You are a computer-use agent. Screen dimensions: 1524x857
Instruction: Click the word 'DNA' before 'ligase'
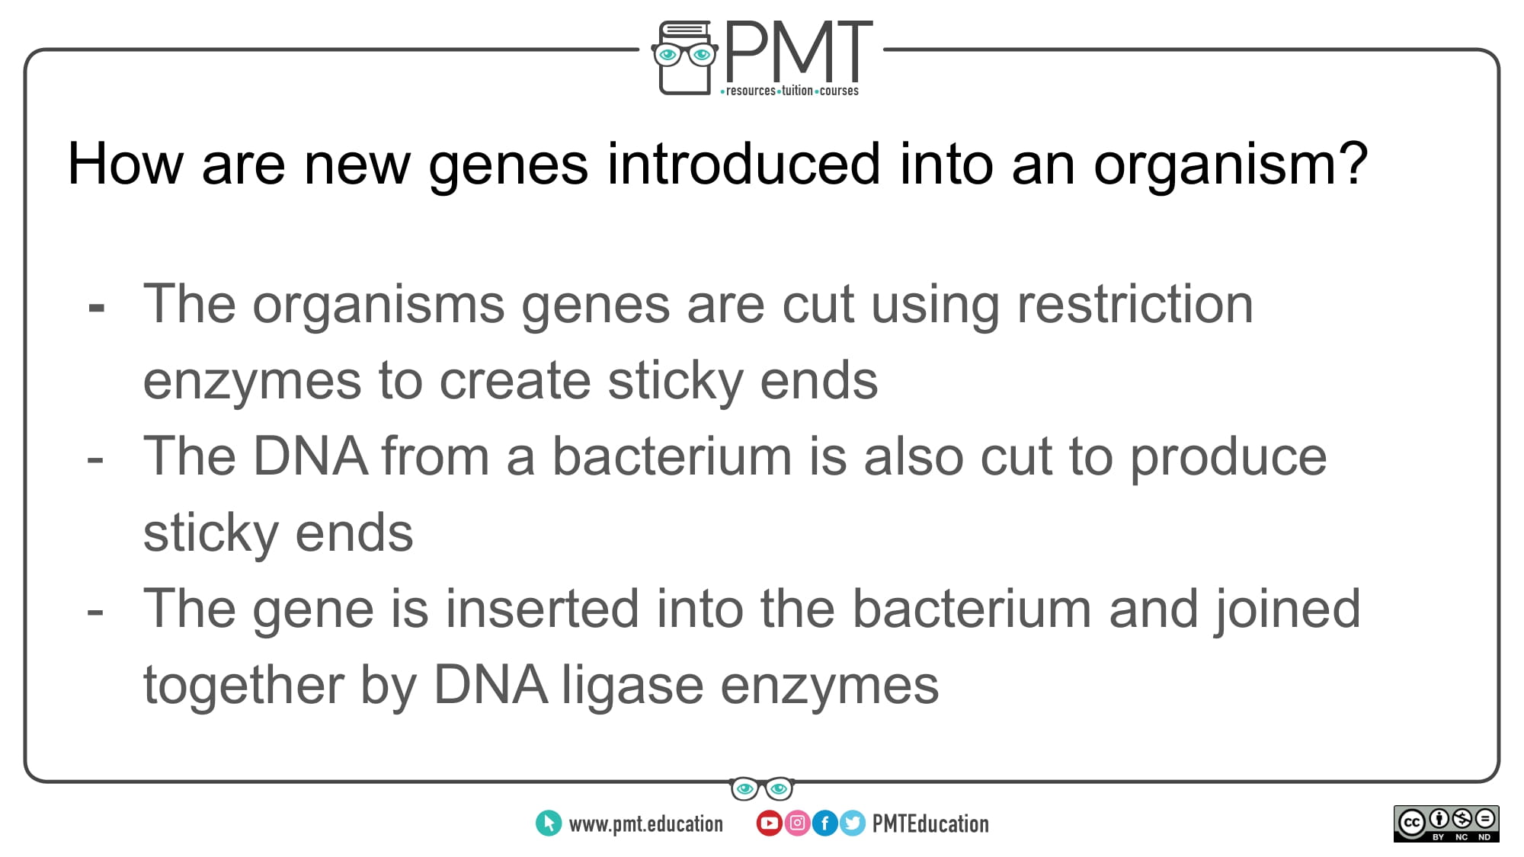coord(490,684)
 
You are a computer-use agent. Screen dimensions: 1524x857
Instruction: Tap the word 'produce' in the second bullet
coord(1228,459)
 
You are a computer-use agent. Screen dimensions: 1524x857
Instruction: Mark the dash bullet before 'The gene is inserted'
coord(96,612)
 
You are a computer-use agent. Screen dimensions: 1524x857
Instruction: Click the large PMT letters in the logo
coord(799,51)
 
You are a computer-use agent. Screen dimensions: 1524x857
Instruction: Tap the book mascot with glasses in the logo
coord(684,58)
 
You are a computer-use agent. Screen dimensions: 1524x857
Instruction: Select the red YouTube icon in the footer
coord(769,823)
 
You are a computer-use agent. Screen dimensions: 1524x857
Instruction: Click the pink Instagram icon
coord(797,823)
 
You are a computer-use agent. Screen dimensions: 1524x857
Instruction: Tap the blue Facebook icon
coord(824,823)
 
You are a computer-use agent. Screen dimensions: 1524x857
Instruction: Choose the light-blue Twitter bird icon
coord(852,823)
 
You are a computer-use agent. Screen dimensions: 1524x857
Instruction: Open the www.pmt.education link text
coord(646,824)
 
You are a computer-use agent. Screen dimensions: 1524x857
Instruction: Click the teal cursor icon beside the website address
coord(549,823)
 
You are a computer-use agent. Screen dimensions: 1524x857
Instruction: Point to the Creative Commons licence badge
coord(1446,823)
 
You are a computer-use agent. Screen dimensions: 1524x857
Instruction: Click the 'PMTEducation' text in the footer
coord(930,823)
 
